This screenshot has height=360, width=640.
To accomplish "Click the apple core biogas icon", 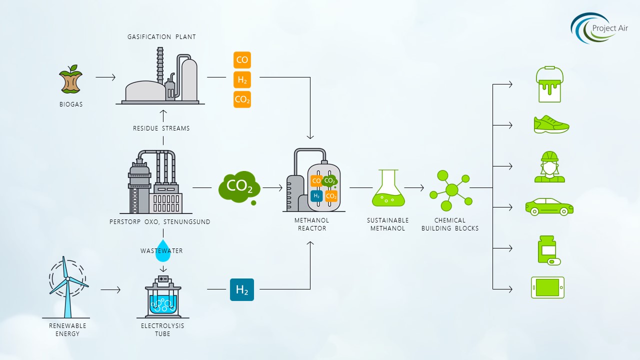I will (x=71, y=79).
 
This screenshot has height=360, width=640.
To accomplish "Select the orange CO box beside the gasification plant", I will (x=242, y=60).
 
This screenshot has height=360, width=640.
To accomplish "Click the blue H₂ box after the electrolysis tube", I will (x=242, y=289).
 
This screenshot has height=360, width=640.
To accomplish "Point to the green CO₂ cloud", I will (x=239, y=186).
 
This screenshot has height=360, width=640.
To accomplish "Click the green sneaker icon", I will (x=551, y=124).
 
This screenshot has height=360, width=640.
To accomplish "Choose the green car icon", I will (x=549, y=206).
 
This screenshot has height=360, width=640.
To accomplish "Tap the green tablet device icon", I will (x=547, y=287).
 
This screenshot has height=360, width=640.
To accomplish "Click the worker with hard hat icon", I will (x=549, y=166).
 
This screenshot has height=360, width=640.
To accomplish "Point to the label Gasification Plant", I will (x=161, y=37).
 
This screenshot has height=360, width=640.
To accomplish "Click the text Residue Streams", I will (x=161, y=128).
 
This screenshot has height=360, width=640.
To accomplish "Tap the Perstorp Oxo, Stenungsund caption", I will (x=160, y=221).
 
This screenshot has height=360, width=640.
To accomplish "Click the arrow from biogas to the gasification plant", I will (x=105, y=77).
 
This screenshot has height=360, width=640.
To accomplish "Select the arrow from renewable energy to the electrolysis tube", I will (x=110, y=289).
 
